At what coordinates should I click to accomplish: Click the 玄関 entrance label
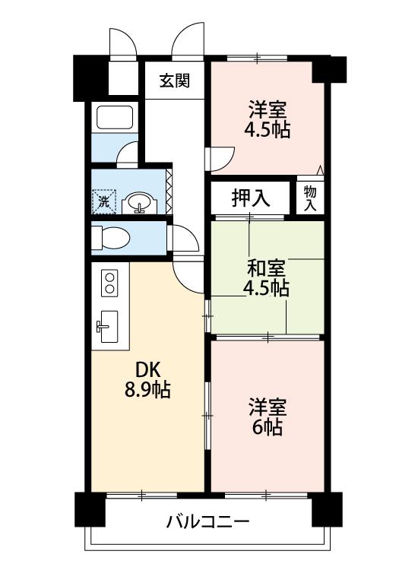175,81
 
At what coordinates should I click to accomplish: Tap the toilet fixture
110,238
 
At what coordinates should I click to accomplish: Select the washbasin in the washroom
140,202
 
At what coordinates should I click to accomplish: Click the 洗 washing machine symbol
104,201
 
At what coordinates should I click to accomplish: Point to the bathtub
115,117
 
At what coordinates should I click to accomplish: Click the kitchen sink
108,327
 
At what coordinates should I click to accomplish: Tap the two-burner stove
109,283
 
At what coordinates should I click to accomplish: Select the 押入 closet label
251,198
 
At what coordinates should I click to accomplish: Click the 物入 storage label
310,198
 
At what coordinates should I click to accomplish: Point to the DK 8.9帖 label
147,380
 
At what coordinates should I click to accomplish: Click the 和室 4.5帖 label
267,278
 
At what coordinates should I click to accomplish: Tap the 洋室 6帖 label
268,416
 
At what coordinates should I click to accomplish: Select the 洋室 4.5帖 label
268,119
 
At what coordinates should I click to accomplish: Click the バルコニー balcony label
208,522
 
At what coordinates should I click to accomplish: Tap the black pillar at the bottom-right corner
327,509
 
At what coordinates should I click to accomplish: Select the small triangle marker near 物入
320,170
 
